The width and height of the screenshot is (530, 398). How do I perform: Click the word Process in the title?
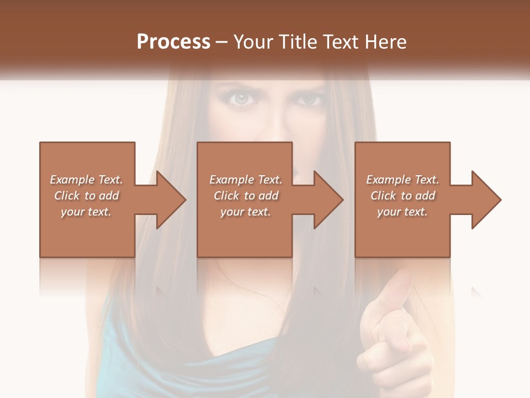tap(173, 42)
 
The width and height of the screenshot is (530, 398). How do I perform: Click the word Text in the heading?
tap(340, 42)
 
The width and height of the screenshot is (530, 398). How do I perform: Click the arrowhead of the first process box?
tap(171, 200)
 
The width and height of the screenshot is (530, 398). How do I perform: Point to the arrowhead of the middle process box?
tap(328, 200)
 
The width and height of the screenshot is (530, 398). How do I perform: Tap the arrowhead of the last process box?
tap(486, 200)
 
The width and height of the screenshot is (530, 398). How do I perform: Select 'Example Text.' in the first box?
tap(86, 180)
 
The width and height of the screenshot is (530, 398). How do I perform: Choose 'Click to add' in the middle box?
tap(246, 196)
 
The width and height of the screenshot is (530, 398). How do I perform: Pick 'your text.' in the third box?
tap(402, 212)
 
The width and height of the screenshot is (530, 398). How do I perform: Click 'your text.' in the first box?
tap(86, 212)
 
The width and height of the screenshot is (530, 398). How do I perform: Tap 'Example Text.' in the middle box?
tap(246, 180)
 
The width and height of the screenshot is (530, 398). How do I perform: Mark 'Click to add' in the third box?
tap(402, 196)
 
